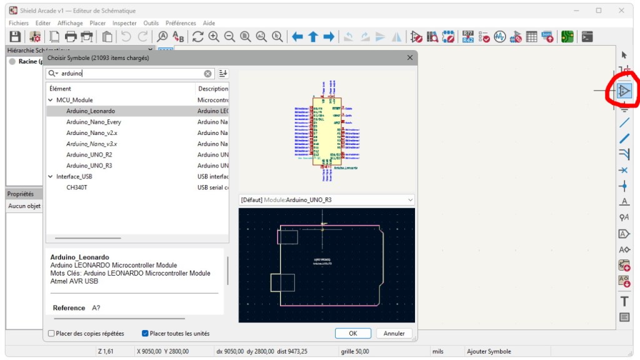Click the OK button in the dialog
[353, 333]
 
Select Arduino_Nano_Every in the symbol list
[94, 122]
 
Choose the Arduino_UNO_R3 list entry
[89, 166]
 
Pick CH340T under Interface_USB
[77, 187]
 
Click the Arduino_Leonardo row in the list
[91, 111]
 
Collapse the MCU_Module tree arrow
[51, 100]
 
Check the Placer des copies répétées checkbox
[52, 333]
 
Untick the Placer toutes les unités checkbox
[145, 333]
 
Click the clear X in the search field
[207, 73]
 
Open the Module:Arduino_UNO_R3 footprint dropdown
[327, 200]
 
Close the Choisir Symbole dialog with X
[410, 57]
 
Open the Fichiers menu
[19, 23]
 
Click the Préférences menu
[181, 23]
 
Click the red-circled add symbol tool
[624, 91]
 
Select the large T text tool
[624, 302]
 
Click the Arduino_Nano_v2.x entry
[92, 133]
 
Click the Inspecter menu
[124, 23]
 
